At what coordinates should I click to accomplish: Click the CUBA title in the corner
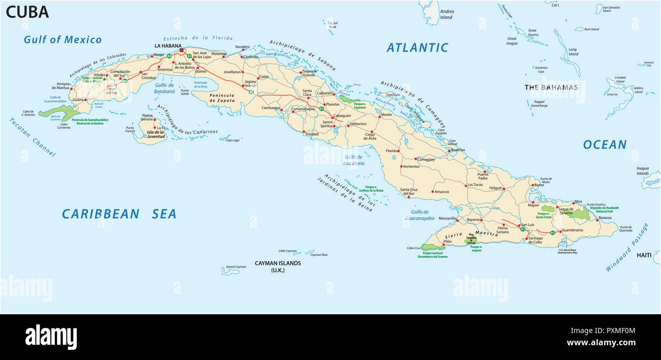click(x=27, y=12)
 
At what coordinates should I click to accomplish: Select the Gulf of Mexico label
click(x=63, y=40)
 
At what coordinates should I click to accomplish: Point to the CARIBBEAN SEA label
click(x=119, y=214)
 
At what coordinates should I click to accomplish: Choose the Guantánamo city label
click(x=575, y=230)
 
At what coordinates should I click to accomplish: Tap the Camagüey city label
click(x=426, y=159)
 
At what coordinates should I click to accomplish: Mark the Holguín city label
click(x=495, y=188)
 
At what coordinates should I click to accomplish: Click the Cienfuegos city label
click(x=271, y=108)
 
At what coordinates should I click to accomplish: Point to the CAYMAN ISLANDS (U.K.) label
click(x=278, y=266)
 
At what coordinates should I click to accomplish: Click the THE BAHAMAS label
click(x=551, y=87)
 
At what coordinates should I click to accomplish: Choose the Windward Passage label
click(x=627, y=247)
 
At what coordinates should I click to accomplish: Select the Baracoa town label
click(x=605, y=218)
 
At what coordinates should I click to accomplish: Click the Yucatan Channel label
click(x=32, y=137)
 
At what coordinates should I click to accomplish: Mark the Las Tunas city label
click(x=475, y=185)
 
